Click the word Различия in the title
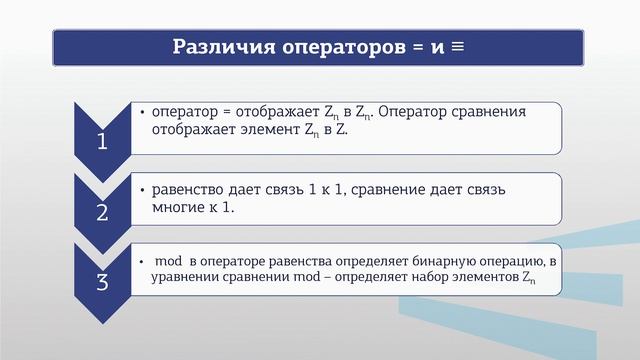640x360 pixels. (x=215, y=47)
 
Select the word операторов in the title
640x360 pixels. (x=329, y=47)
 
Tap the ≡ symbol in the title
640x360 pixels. (x=456, y=47)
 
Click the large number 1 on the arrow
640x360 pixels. (x=101, y=143)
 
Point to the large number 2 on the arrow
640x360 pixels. (x=101, y=212)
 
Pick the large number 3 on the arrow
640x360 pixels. (x=101, y=282)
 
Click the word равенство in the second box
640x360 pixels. (x=188, y=190)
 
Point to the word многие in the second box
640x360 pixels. (x=181, y=207)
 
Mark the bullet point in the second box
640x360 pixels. (x=143, y=190)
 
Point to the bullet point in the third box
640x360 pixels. (x=143, y=261)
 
